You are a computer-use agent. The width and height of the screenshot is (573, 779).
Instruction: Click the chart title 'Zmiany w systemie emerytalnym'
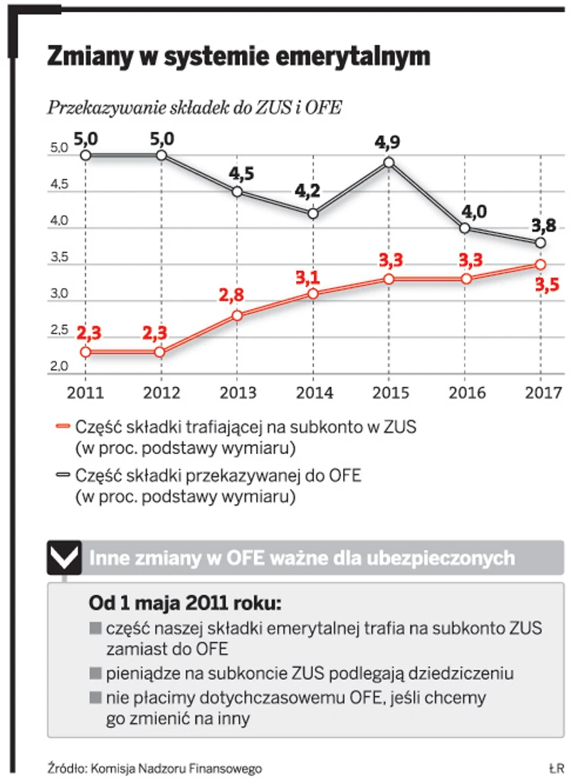[x=238, y=56]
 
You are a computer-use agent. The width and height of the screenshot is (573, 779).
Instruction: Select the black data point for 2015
[x=389, y=162]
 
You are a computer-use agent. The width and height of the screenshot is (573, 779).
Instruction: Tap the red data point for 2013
[x=237, y=315]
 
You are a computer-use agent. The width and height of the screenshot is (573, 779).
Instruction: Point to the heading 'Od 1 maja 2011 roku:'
[x=185, y=603]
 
